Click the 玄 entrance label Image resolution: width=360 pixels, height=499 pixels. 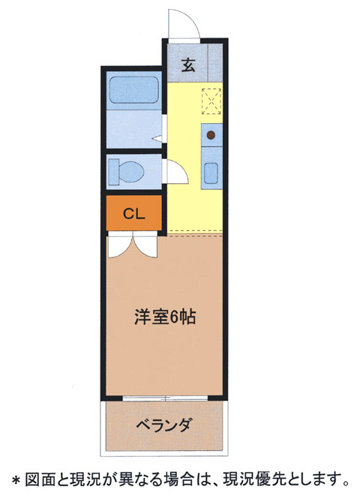[187, 65]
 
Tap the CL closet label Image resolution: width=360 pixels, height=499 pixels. [133, 213]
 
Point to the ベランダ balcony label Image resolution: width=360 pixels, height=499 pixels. [164, 425]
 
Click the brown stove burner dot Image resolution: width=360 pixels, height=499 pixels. [211, 136]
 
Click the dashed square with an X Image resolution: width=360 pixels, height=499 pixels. [211, 100]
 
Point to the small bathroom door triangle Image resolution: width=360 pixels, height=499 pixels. [157, 139]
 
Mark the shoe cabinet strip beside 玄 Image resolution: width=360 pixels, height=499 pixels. [215, 64]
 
